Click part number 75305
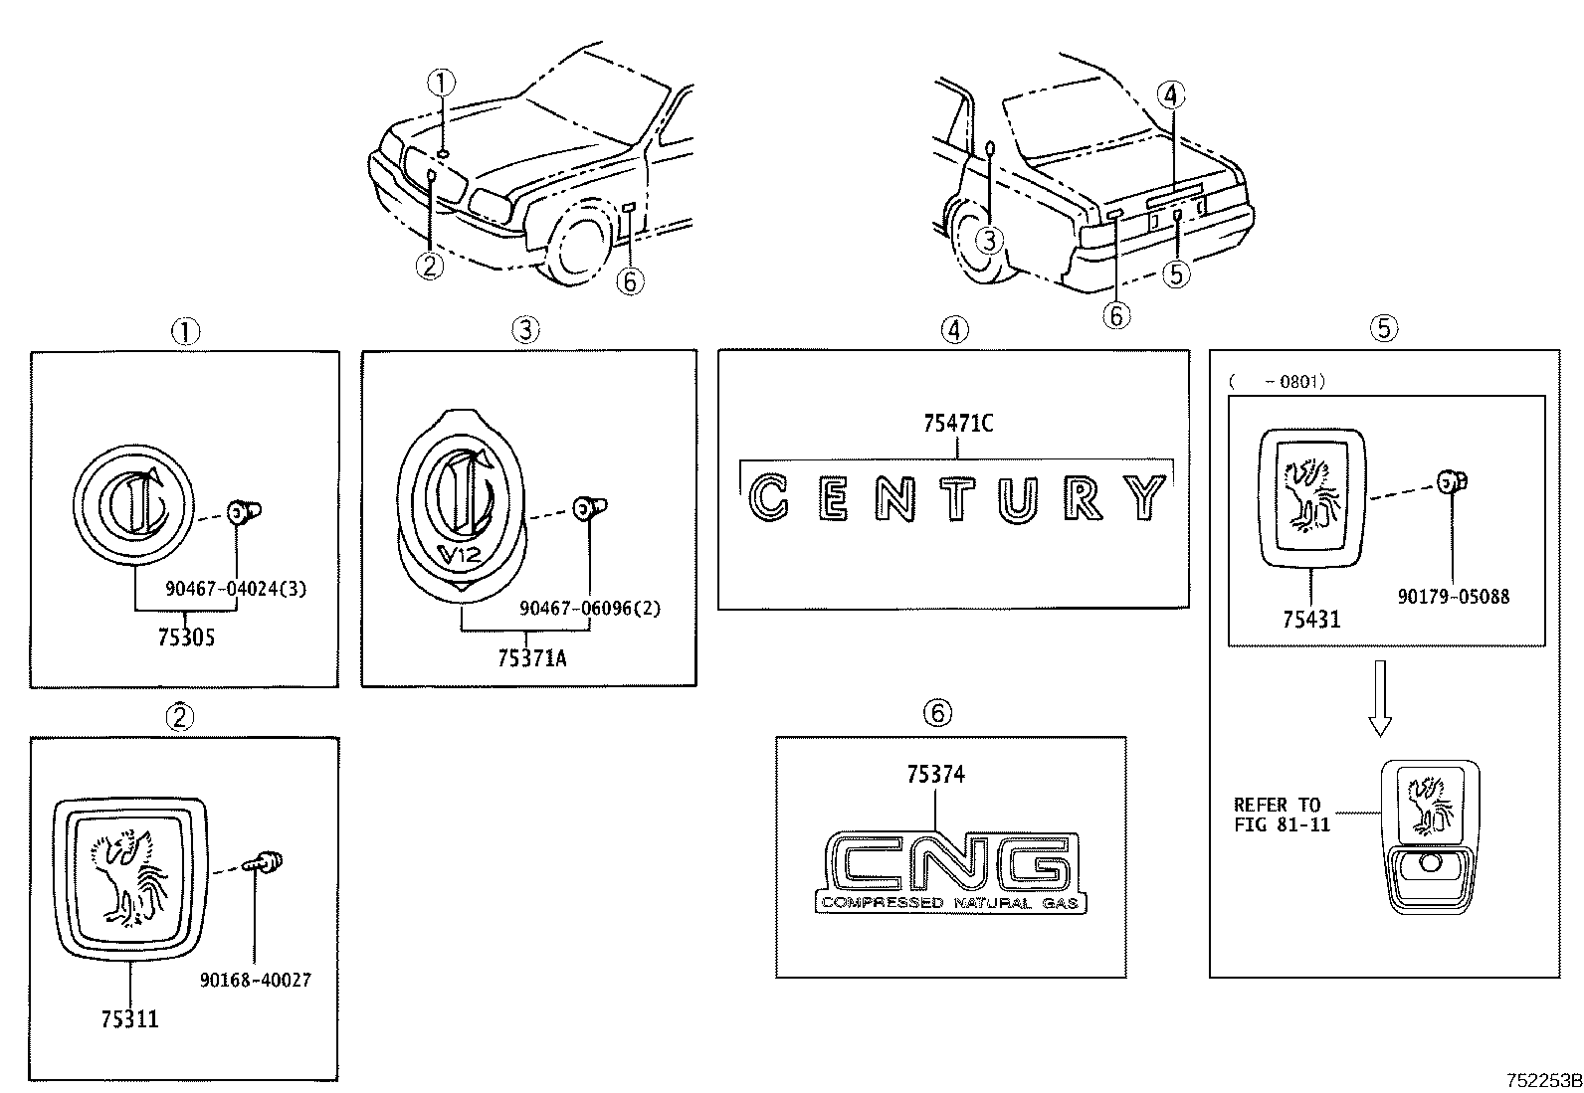pos(185,638)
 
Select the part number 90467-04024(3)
pos(236,589)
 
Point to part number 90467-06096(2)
pos(590,608)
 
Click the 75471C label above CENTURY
pos(957,424)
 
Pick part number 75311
pos(129,1018)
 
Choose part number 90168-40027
pos(255,981)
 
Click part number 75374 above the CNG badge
pos(935,775)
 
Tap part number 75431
pos(1310,619)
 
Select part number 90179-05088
pos(1453,597)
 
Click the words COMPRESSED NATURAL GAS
pos(950,903)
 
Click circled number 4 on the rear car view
pos(1170,95)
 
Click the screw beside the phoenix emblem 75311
pos(267,861)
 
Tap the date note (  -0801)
pos(1278,381)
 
